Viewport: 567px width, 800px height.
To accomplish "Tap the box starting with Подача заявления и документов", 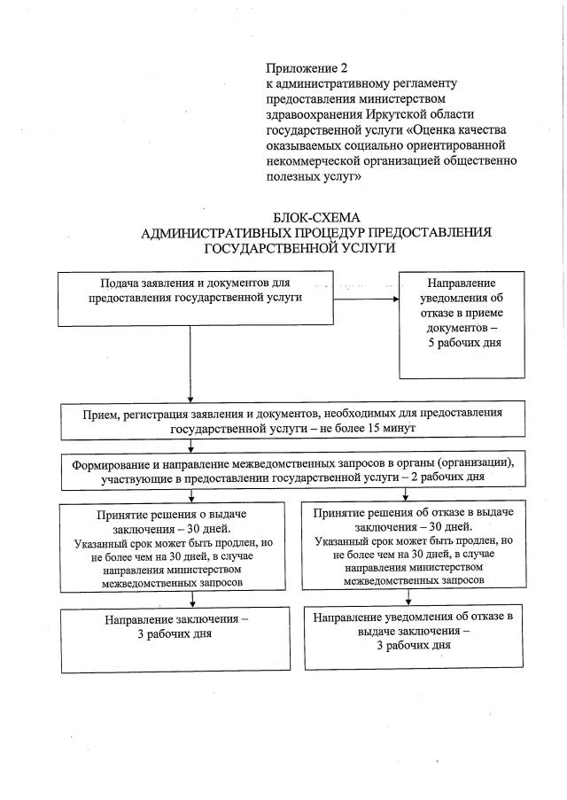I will pyautogui.click(x=190, y=299).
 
